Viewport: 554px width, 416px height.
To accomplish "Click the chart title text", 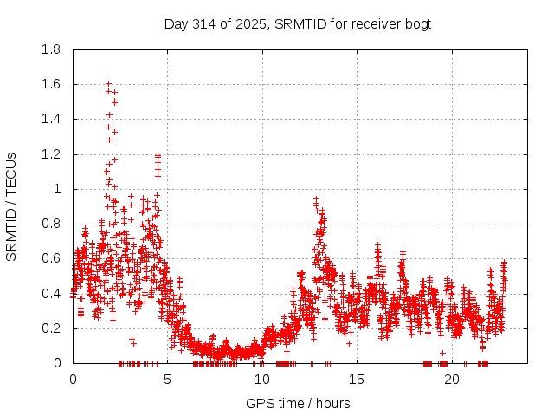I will (x=298, y=23).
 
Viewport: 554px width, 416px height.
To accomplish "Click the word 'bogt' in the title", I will (x=416, y=23).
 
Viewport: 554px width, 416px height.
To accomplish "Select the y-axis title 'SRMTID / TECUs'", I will (x=11, y=206).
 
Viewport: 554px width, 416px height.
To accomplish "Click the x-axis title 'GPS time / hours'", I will (x=298, y=403).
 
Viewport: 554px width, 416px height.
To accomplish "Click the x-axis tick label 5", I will (x=167, y=379).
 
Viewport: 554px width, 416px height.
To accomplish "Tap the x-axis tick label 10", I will (x=262, y=379).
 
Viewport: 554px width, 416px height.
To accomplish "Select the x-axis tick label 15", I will (x=357, y=379).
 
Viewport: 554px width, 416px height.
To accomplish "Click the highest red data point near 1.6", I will (x=108, y=84).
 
